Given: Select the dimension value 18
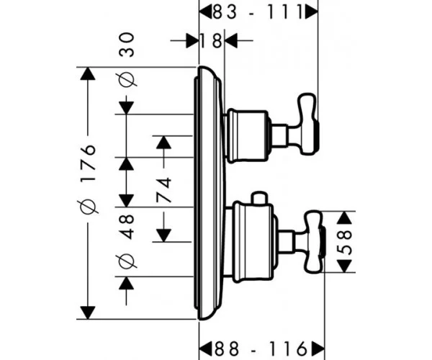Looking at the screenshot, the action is pos(210,41).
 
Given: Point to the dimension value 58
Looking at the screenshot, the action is pos(344,242).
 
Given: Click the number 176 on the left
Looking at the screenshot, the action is pos(88,163).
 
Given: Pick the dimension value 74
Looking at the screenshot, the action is pos(163,190).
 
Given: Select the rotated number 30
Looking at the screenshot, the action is pos(127,45).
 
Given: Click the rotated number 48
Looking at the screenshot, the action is pos(127,227).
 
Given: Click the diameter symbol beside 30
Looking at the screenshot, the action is pos(127,80).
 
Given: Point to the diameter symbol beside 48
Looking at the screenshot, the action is pos(127,261).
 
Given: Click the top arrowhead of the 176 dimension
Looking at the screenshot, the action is pos(88,73).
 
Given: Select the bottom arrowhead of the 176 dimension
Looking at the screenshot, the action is pos(88,312).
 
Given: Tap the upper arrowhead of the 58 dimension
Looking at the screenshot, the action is pos(344,217).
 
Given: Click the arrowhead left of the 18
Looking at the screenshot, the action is pos(192,41).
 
